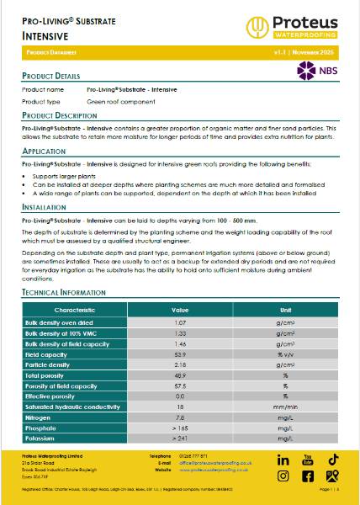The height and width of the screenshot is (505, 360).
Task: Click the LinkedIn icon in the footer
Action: point(283,460)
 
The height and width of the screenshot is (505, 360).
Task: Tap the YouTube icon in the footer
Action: point(308,460)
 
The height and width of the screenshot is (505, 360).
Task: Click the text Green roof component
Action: point(120,101)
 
